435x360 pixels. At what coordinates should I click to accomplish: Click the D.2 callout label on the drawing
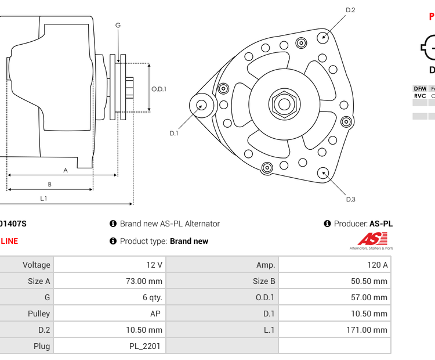click(350, 10)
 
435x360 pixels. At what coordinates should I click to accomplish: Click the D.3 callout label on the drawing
click(350, 200)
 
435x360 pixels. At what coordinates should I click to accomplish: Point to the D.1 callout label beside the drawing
click(173, 134)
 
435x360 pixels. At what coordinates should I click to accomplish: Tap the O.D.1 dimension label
click(159, 89)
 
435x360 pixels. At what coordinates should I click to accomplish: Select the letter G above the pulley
click(118, 25)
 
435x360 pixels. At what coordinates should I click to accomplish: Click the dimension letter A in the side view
click(66, 170)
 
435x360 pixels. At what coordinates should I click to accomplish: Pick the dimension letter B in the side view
click(49, 185)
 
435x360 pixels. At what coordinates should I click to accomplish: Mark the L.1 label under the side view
click(43, 199)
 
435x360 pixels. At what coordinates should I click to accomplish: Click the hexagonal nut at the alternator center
click(283, 105)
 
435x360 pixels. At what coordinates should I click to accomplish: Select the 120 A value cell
click(335, 265)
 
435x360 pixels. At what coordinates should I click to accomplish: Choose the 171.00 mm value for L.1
click(335, 330)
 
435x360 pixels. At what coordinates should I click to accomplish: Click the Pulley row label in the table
click(27, 314)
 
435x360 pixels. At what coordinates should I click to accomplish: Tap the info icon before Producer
click(327, 224)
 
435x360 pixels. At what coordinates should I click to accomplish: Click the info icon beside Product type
click(113, 241)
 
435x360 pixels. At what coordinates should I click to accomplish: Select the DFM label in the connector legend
click(420, 89)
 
